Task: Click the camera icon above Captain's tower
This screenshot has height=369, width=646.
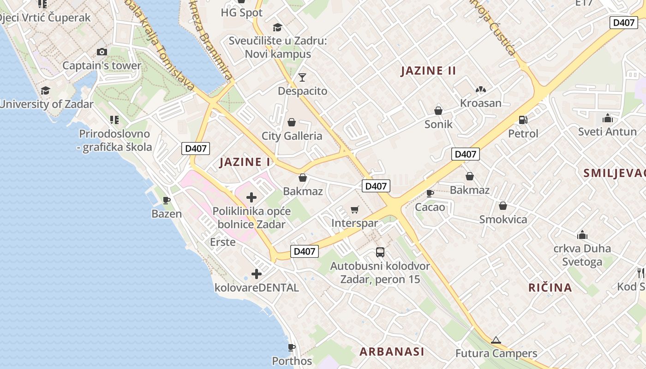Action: (x=102, y=52)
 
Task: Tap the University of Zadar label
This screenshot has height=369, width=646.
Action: (x=47, y=104)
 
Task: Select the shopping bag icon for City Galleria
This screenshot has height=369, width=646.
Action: (x=292, y=123)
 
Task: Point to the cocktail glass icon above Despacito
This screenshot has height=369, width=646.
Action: (x=302, y=77)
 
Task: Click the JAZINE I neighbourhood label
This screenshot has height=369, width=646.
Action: (x=245, y=162)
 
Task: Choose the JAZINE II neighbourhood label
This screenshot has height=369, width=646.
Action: (x=428, y=71)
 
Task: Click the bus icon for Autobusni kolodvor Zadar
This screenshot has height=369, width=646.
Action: (x=380, y=252)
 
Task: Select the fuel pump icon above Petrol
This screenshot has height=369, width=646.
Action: (x=523, y=120)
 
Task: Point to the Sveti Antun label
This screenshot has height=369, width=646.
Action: (x=607, y=132)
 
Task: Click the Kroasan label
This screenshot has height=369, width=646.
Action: (x=480, y=103)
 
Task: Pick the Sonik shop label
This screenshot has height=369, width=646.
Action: (x=438, y=125)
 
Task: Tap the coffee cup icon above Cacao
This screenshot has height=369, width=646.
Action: (x=430, y=193)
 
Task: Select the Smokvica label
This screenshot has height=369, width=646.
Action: (x=503, y=220)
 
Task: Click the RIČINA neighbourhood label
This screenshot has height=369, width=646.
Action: (x=550, y=288)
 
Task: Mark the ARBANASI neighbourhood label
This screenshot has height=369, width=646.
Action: (x=392, y=351)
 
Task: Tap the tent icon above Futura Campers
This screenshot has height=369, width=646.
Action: (x=496, y=340)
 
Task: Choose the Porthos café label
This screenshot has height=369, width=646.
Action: (x=292, y=361)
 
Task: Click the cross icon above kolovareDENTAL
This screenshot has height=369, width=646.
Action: (x=257, y=274)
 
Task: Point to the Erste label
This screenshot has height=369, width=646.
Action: (x=222, y=242)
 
